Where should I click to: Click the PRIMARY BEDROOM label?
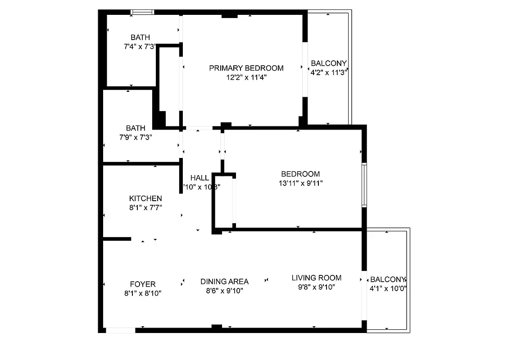(x=246, y=68)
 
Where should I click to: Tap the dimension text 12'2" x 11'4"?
(x=246, y=77)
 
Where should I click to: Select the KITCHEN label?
(x=145, y=198)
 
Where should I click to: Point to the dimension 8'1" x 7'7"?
(x=145, y=207)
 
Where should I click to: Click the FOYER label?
(x=142, y=284)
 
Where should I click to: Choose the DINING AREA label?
(x=224, y=282)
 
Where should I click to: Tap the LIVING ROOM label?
(x=316, y=278)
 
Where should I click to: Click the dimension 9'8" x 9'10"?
(x=316, y=287)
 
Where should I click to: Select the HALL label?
(x=200, y=178)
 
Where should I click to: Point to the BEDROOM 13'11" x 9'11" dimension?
(x=300, y=183)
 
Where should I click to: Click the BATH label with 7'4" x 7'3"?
(x=140, y=37)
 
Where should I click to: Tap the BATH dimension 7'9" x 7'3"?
(x=136, y=137)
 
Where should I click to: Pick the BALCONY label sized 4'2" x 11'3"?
(x=329, y=63)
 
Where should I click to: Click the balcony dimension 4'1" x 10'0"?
(x=388, y=288)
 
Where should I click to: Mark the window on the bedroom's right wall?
(x=364, y=185)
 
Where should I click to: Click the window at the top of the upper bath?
(x=142, y=12)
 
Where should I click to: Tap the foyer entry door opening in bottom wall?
(x=120, y=330)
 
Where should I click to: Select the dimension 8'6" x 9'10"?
(x=224, y=291)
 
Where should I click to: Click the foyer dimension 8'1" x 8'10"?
(x=142, y=293)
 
